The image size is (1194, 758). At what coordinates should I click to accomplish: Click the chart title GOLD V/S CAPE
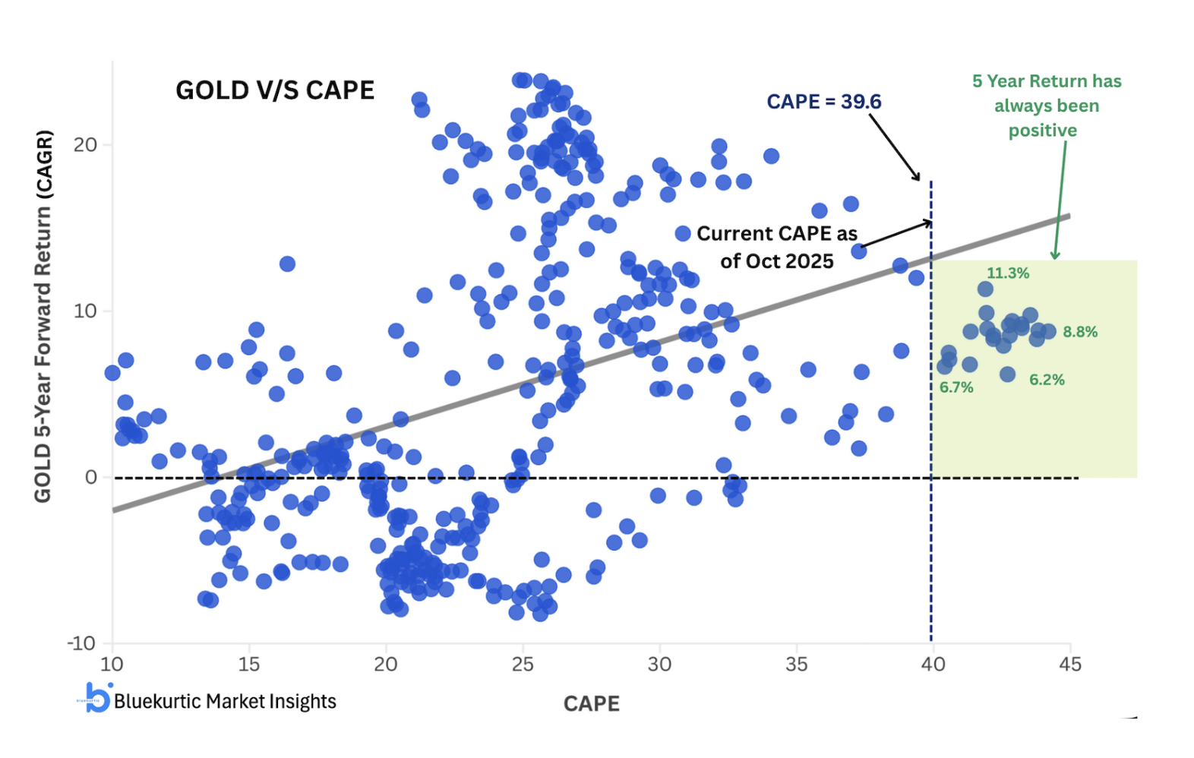click(x=275, y=90)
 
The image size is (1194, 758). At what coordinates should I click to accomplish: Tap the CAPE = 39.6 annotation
click(x=823, y=102)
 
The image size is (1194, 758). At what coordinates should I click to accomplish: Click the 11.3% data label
click(x=1008, y=273)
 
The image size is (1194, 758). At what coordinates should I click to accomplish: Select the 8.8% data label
click(x=1080, y=332)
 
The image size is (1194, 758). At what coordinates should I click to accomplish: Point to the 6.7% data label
click(x=956, y=387)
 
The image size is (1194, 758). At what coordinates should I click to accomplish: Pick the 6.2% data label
click(x=1047, y=380)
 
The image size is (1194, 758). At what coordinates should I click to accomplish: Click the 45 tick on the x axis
click(x=1069, y=665)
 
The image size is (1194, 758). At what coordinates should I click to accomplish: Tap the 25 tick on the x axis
click(x=523, y=665)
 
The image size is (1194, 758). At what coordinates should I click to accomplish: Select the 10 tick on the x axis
click(x=112, y=665)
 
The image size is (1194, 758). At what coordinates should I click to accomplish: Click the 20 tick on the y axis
click(x=85, y=145)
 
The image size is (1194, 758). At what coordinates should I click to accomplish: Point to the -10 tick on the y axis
click(x=81, y=644)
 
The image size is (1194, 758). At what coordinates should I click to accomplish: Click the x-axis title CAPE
click(x=592, y=704)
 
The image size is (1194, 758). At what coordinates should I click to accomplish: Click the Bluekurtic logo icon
click(x=96, y=697)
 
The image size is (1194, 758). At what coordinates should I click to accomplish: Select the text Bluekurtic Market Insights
click(x=225, y=701)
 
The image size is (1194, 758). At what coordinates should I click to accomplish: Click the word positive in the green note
click(x=1042, y=131)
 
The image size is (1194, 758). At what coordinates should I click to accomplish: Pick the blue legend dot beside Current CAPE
click(x=683, y=234)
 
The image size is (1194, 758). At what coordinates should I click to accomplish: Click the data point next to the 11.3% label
click(x=985, y=289)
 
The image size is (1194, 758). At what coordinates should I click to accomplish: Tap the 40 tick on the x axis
click(x=933, y=665)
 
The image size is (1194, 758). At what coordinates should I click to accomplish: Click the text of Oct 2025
click(x=777, y=261)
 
